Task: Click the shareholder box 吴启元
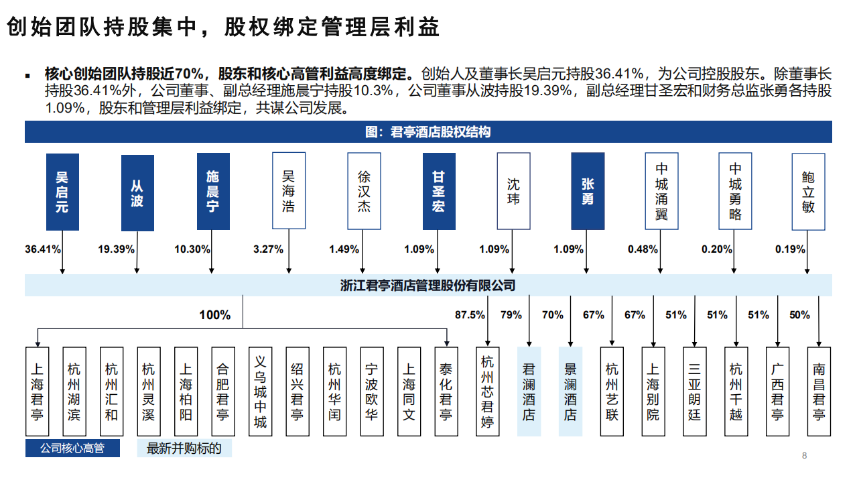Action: click(62, 192)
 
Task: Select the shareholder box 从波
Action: click(137, 193)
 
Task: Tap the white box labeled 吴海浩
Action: click(289, 191)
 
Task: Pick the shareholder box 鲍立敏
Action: click(808, 192)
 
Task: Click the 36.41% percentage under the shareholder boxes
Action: click(43, 249)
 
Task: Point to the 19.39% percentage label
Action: click(117, 249)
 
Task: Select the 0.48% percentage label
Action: click(643, 249)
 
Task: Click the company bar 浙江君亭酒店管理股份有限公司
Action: click(428, 286)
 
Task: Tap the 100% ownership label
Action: click(214, 315)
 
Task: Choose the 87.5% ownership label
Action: click(470, 315)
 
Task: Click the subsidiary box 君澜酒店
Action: click(529, 391)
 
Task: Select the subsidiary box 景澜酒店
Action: click(570, 391)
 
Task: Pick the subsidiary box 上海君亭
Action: click(37, 391)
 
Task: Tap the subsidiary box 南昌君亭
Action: click(819, 391)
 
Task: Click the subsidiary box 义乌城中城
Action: click(261, 391)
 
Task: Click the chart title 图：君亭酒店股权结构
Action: click(428, 132)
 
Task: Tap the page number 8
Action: click(805, 457)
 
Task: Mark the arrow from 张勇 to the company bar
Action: click(587, 252)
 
